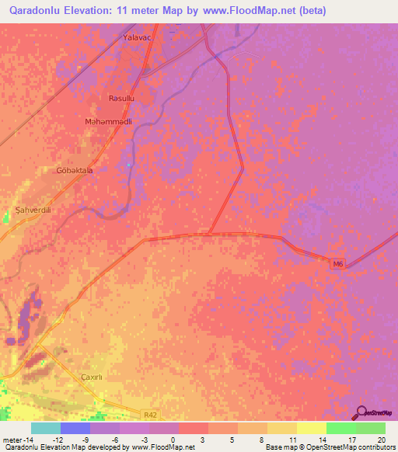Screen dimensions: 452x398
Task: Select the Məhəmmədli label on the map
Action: click(108, 122)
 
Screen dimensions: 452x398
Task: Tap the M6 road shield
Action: click(337, 264)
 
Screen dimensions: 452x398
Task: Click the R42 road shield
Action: click(151, 416)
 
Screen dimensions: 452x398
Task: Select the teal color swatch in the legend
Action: click(46, 428)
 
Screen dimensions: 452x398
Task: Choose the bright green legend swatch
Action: click(341, 428)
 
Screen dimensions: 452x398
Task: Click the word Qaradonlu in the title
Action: click(37, 11)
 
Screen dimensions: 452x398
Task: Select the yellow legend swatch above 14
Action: click(312, 428)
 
